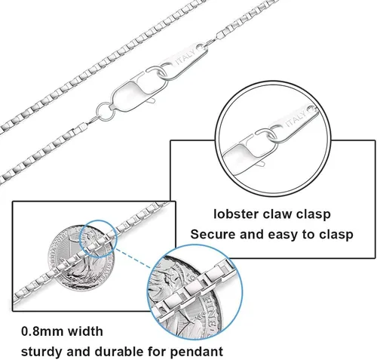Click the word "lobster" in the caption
pyautogui.click(x=236, y=214)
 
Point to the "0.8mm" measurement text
pyautogui.click(x=42, y=331)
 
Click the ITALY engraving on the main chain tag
pyautogui.click(x=185, y=57)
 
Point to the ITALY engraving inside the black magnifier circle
pyautogui.click(x=296, y=118)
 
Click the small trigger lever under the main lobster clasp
pyautogui.click(x=152, y=101)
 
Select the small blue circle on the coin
pyautogui.click(x=98, y=238)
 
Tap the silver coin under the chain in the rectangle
pyautogui.click(x=81, y=258)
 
